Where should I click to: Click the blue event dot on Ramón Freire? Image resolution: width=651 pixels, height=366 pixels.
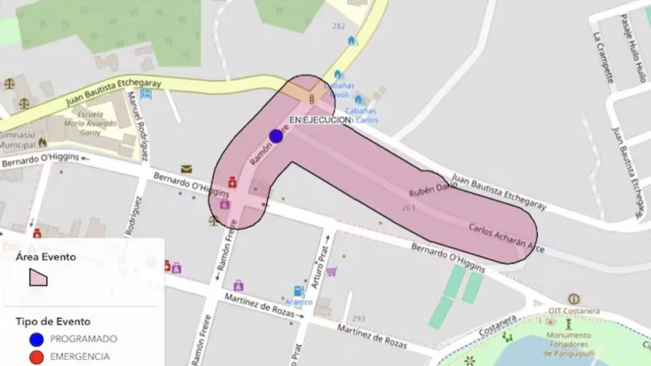pos(276,136)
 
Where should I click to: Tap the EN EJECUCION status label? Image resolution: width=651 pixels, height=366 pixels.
pos(320,120)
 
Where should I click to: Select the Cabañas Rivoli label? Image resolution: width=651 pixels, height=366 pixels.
pos(340,90)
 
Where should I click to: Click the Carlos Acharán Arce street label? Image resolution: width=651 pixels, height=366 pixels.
pos(506,239)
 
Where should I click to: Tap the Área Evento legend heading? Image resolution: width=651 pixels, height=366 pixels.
pos(46,257)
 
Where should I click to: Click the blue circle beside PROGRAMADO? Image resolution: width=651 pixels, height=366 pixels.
pos(37,339)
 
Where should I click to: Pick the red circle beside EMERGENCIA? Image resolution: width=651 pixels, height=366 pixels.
pos(37,357)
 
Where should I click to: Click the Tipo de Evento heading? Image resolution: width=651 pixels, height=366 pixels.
pos(53,322)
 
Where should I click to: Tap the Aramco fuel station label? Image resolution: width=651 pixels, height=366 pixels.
pos(298,302)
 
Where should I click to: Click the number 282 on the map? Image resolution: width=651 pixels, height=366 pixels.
pos(339,26)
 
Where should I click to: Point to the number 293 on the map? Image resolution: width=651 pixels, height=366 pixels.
pos(359,318)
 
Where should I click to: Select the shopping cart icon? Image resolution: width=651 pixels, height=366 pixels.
pos(331,271)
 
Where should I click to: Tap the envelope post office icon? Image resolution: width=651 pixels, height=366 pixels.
pos(187,169)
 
